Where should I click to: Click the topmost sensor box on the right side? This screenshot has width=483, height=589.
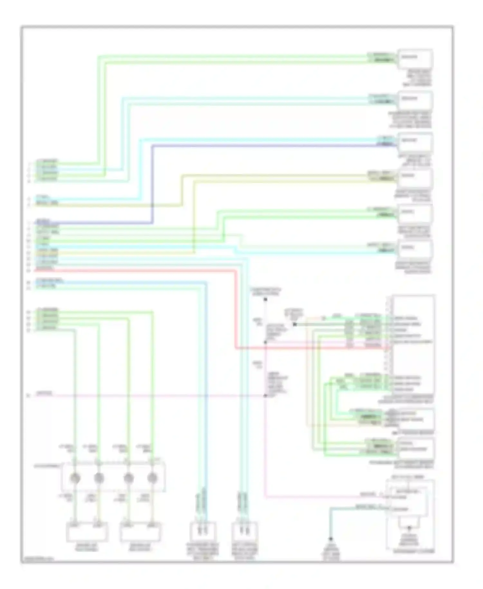(415, 59)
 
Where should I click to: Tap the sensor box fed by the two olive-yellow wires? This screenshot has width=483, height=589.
(415, 178)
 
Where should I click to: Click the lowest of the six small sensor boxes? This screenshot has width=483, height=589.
(415, 250)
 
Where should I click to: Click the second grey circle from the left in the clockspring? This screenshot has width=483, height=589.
(99, 478)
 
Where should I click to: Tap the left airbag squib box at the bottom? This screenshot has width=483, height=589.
(87, 532)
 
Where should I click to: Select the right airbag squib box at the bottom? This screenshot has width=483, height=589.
(140, 532)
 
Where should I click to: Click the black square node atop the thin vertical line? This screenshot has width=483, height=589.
(266, 299)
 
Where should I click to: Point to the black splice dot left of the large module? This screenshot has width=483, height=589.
(294, 324)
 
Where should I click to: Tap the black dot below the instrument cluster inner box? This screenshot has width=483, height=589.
(409, 528)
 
